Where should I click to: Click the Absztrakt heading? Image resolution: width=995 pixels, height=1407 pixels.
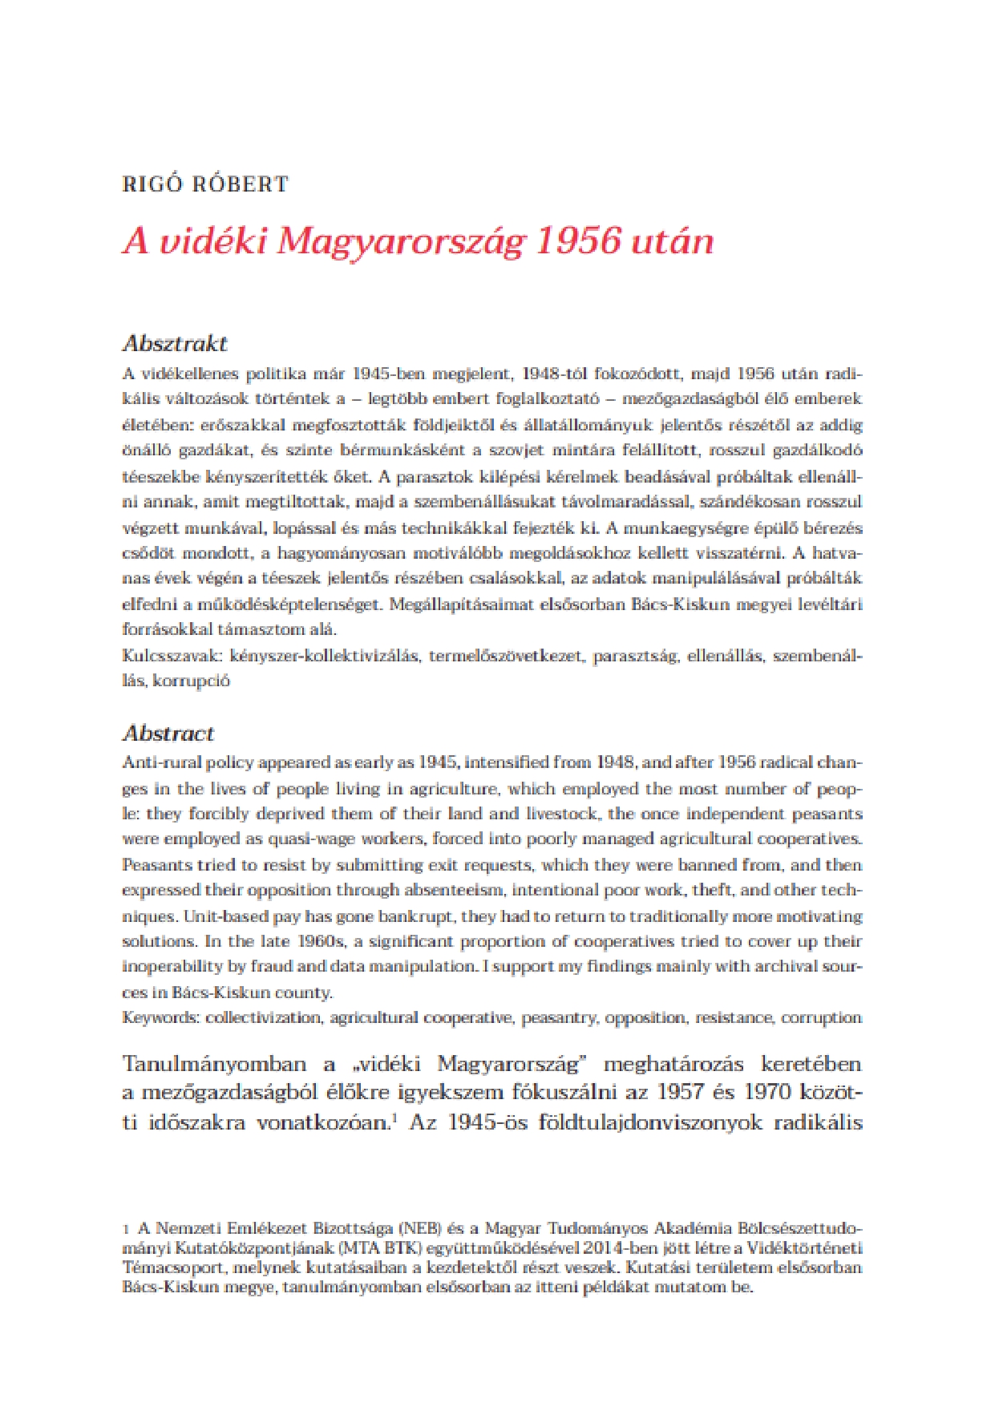(x=175, y=344)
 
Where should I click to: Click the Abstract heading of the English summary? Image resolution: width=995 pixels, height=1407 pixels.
(x=168, y=734)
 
